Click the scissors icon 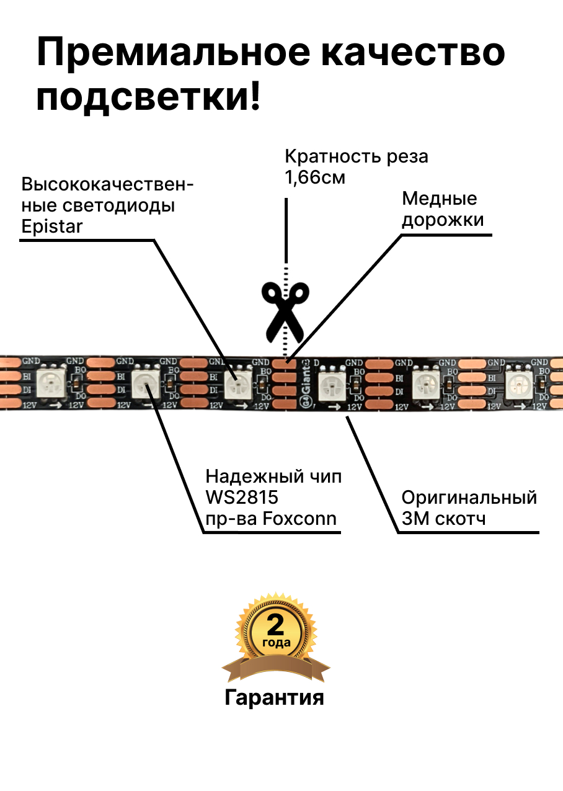tap(285, 311)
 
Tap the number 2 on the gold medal tap(275, 624)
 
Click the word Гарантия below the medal tap(274, 697)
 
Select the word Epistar tap(51, 226)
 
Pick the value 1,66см tap(314, 177)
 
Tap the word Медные tap(440, 199)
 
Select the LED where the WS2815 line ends tap(145, 387)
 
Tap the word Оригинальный tap(469, 498)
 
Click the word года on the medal tap(276, 643)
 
